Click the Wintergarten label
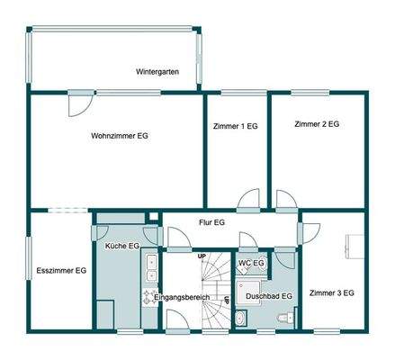pos(157,71)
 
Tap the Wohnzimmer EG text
pos(120,136)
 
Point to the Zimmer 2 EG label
pos(316,124)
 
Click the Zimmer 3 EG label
pos(331,292)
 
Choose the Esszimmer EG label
pos(61,270)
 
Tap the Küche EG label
pos(121,246)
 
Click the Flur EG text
pos(207,221)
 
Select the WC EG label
pos(251,263)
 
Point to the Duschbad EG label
pos(268,295)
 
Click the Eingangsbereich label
pos(181,296)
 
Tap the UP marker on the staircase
pos(202,256)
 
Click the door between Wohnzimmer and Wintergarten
pos(79,102)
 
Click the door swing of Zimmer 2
pos(287,200)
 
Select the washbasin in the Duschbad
pos(241,317)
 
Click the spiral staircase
pos(216,301)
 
